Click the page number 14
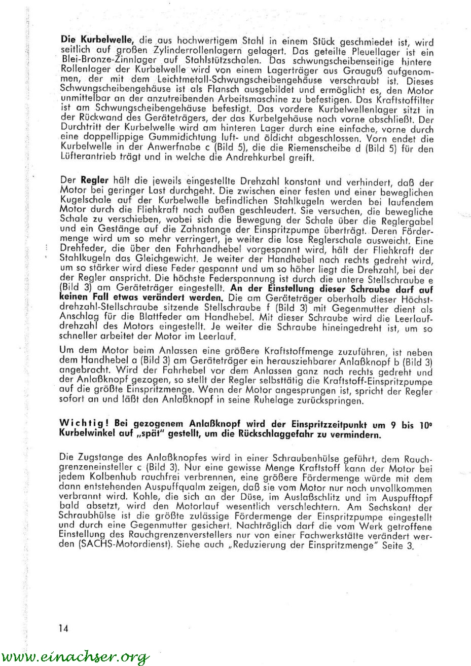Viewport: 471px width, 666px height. (63, 628)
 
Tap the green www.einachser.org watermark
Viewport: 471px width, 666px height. (75, 657)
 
